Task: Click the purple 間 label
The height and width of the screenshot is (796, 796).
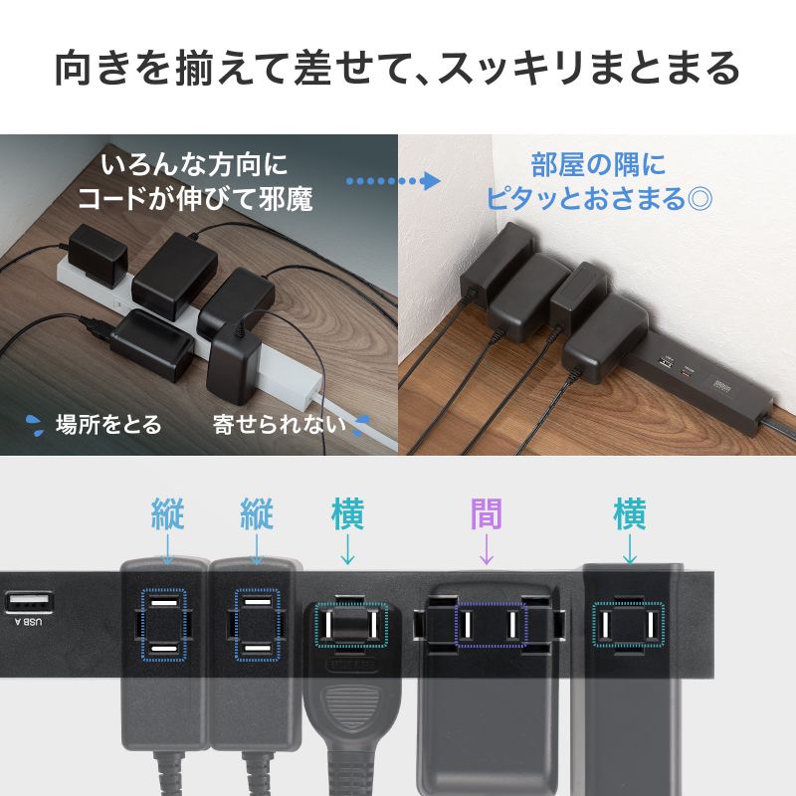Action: coord(486,514)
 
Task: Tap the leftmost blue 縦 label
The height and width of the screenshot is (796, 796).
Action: coord(167,514)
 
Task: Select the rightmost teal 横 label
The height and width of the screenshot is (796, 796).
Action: coord(629,514)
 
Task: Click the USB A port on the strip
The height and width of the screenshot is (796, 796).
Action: coord(26,603)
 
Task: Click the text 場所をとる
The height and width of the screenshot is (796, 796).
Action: coord(107,425)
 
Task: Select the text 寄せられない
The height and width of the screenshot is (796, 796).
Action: coord(279,425)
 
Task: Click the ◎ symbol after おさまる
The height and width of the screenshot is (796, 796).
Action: coord(699,197)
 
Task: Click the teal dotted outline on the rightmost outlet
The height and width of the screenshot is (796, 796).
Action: coord(628,624)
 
